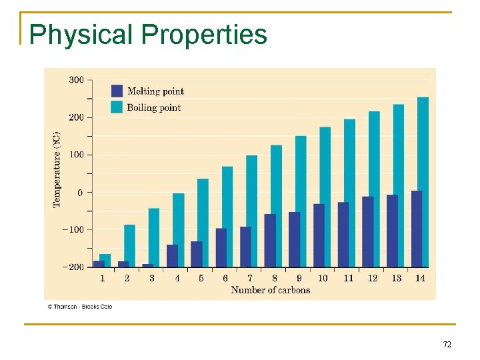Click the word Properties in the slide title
pyautogui.click(x=204, y=35)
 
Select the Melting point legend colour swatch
pyautogui.click(x=117, y=91)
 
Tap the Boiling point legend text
pyautogui.click(x=154, y=107)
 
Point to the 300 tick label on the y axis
pyautogui.click(x=76, y=80)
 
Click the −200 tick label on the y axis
pyautogui.click(x=73, y=267)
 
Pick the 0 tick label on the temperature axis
pyautogui.click(x=80, y=193)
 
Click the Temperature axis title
pyautogui.click(x=57, y=171)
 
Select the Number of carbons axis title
pyautogui.click(x=270, y=290)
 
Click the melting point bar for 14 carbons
pyautogui.click(x=417, y=229)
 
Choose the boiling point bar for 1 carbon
pyautogui.click(x=105, y=260)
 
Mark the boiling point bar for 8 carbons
pyautogui.click(x=276, y=205)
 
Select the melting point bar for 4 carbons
pyautogui.click(x=172, y=255)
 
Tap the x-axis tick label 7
pyautogui.click(x=250, y=278)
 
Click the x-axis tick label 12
pyautogui.click(x=372, y=278)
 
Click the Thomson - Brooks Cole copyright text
pyautogui.click(x=79, y=307)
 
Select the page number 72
pyautogui.click(x=447, y=345)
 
